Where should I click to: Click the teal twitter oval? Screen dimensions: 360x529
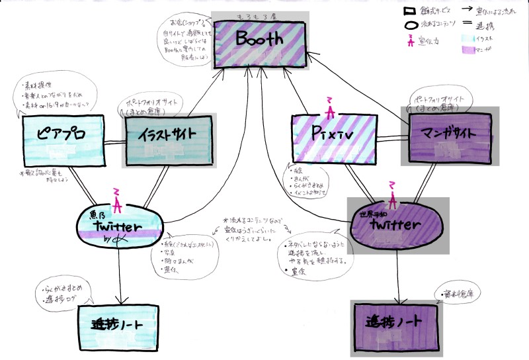tap(119, 225)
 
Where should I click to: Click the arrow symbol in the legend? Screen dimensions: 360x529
tap(466, 11)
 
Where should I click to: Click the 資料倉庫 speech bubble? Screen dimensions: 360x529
tap(458, 291)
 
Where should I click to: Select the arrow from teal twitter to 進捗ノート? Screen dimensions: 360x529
tap(120, 271)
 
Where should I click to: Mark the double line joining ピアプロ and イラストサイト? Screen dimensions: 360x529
tap(108, 141)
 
